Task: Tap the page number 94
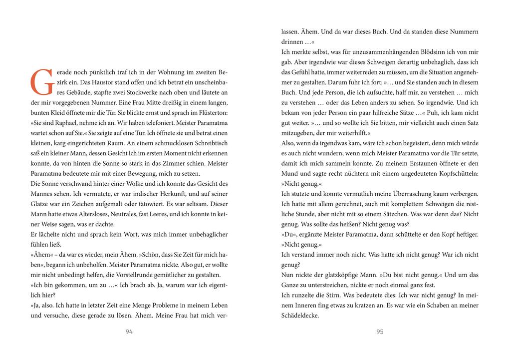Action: pos(129,332)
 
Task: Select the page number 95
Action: pos(380,332)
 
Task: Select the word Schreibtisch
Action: pos(208,144)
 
